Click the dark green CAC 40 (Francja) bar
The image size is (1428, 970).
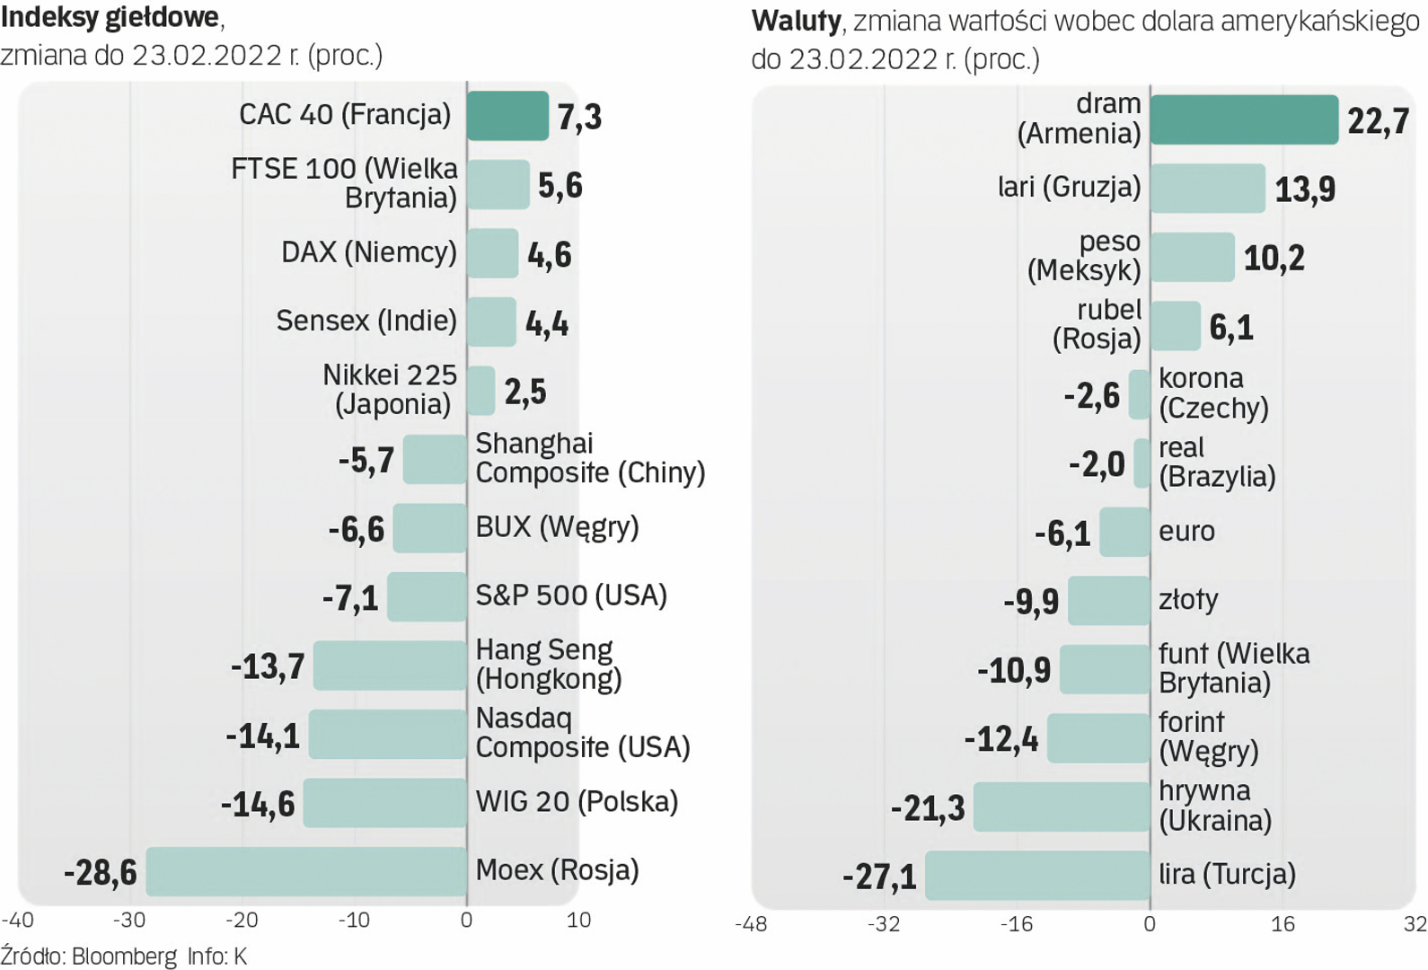pos(507,116)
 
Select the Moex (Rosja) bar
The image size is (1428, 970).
pos(306,871)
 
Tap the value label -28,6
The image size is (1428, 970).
pos(101,872)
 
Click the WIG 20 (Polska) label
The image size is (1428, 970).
pos(577,801)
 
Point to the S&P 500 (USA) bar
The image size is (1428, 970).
pos(427,596)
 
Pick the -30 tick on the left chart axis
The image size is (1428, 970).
pos(129,920)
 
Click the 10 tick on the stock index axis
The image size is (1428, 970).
pos(579,920)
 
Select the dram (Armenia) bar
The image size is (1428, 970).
pos(1244,119)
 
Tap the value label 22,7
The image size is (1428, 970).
pos(1378,120)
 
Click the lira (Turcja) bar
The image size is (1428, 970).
pos(1037,876)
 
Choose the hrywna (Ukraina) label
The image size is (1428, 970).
pos(1215,806)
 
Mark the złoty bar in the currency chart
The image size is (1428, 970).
pos(1108,601)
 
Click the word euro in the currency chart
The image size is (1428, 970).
pos(1186,531)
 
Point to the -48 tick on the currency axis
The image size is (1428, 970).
pos(751,923)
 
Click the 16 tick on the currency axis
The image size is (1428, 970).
pos(1283,923)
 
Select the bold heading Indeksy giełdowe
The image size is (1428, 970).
pos(110,17)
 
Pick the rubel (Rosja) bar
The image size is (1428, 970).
pos(1175,326)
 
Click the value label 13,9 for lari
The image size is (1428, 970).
pos(1305,190)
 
